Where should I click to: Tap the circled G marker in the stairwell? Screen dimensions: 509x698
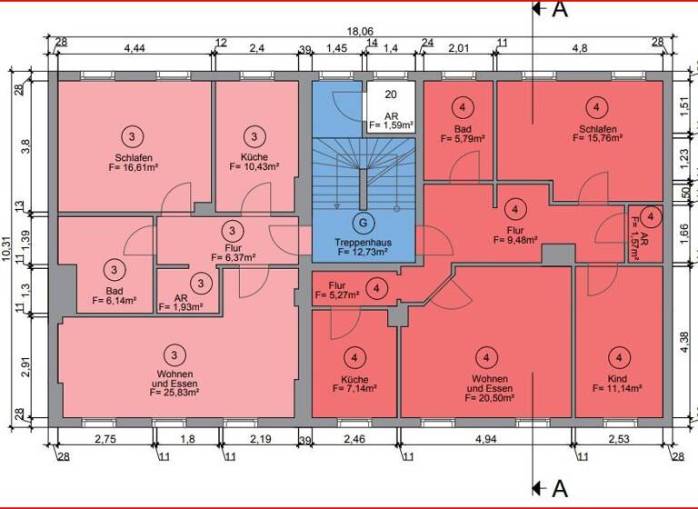363,221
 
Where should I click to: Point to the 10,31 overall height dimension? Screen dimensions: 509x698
9,245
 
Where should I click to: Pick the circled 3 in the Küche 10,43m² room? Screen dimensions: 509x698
254,137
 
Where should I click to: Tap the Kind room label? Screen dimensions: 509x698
618,376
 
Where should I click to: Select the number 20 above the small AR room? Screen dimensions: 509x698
391,95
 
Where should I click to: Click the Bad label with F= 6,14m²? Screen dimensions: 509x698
115,293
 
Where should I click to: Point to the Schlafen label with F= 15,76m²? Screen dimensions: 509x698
597,129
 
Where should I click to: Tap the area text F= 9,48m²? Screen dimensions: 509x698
515,241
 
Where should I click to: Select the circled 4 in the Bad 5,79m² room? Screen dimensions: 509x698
463,108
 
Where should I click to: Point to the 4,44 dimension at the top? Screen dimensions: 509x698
135,47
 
